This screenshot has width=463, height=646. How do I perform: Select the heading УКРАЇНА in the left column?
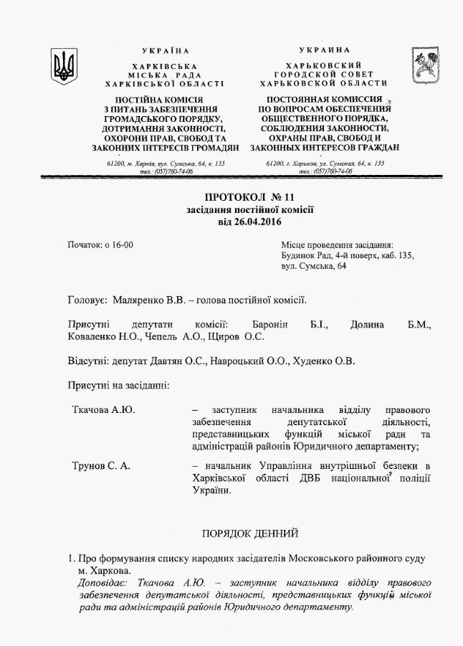pos(166,51)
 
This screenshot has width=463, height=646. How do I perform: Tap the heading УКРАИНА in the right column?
pos(325,50)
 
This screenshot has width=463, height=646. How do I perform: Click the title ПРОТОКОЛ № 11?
pos(249,196)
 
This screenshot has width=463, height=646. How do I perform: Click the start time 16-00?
pos(119,245)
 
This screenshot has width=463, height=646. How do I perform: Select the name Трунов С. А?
pos(101,466)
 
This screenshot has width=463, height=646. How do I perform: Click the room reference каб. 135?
pos(393,256)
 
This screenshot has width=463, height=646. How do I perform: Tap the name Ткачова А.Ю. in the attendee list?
pos(104,409)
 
